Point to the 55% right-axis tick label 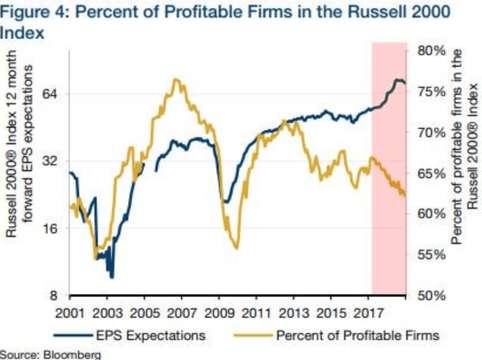pos(433,255)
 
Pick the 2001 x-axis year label pos(70,310)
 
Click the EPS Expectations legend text pos(150,335)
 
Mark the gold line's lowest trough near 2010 pos(236,248)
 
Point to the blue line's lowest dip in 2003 pos(111,277)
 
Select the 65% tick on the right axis pos(433,174)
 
